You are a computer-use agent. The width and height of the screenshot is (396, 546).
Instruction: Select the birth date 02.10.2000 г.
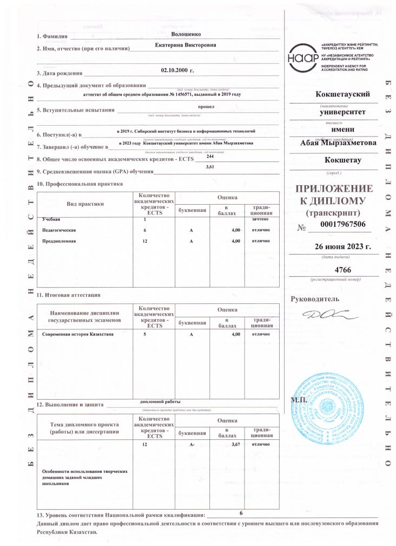point(177,70)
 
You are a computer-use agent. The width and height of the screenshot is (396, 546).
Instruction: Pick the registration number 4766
point(344,269)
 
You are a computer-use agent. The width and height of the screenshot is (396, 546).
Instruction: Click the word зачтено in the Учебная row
point(258,219)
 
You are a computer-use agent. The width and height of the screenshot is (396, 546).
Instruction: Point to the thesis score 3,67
point(235,444)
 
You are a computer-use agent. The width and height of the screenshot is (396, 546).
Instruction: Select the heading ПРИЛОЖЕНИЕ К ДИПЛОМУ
point(332,194)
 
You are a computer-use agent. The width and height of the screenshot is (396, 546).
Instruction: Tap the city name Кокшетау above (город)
point(343,161)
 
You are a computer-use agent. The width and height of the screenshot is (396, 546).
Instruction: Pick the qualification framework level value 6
point(241,512)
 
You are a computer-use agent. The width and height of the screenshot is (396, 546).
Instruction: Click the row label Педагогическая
point(59,230)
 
